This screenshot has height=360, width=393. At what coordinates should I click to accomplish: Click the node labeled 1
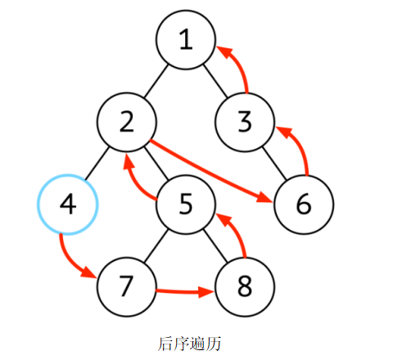tap(186, 40)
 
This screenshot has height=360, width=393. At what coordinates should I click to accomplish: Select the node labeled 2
tap(127, 122)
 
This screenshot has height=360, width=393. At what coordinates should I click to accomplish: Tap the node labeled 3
tap(245, 122)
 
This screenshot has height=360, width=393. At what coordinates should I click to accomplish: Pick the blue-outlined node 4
tap(68, 205)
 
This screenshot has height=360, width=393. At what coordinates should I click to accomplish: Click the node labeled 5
tap(186, 205)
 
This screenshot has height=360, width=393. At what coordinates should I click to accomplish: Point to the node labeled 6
tap(304, 205)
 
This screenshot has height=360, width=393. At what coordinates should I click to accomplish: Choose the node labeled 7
tap(127, 287)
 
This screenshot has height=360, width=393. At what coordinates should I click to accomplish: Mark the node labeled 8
tap(245, 287)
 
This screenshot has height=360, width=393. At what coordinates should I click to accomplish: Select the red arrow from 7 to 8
tap(186, 292)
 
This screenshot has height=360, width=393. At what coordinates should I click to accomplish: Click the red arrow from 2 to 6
tap(210, 171)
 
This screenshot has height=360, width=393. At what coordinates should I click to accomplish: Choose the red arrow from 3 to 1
tap(240, 67)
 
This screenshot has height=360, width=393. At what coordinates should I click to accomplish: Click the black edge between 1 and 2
tap(156, 81)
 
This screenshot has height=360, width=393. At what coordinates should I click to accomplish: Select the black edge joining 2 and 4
tap(97, 164)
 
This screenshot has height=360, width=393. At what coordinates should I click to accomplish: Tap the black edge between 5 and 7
tap(156, 245)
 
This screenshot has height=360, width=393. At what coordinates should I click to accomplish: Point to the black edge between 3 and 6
tap(274, 164)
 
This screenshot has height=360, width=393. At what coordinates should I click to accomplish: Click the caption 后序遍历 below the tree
tap(189, 344)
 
